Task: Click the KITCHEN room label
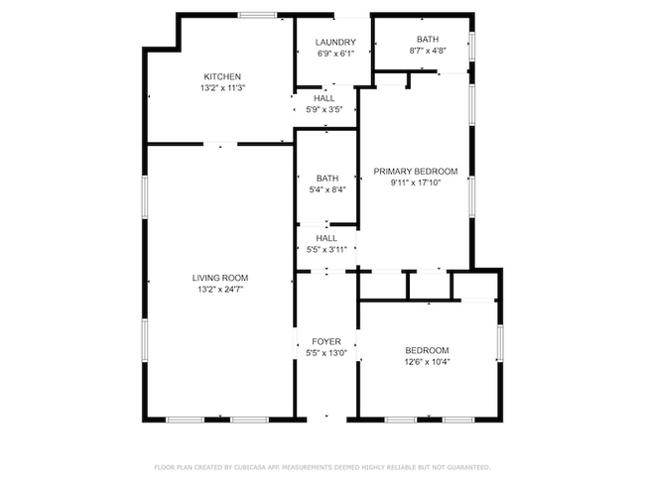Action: coord(222,77)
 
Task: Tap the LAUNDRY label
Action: coord(335,43)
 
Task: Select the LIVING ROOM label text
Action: coord(220,278)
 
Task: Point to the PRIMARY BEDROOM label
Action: coord(416,172)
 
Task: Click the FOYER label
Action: coord(326,342)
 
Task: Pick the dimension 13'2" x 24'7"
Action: coord(220,290)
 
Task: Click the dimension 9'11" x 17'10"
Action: coord(416,183)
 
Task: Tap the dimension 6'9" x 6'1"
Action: coord(335,54)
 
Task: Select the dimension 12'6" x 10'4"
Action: coord(427,362)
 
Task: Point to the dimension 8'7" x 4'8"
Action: coord(428,51)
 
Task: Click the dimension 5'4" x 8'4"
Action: coord(327,190)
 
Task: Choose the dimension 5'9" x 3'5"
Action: coord(324,110)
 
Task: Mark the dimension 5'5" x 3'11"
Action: coord(326,250)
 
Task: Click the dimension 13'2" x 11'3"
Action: coord(222,88)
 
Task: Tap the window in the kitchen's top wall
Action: coord(258,15)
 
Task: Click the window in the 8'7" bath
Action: coord(472,47)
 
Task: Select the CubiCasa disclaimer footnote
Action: coord(322,467)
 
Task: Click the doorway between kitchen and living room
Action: coord(220,144)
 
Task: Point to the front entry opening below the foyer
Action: coord(326,420)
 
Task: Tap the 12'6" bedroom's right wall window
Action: coord(500,343)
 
